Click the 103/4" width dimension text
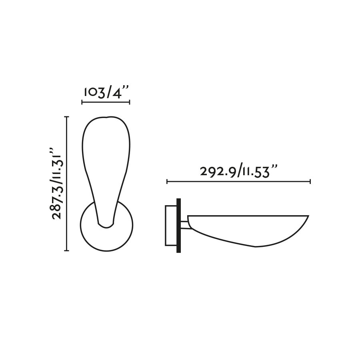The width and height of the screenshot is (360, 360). pyautogui.click(x=106, y=92)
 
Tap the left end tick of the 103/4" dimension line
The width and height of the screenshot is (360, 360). pyautogui.click(x=82, y=102)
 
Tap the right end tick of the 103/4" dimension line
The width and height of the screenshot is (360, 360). pyautogui.click(x=130, y=102)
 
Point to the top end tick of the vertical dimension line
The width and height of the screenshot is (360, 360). pyautogui.click(x=67, y=117)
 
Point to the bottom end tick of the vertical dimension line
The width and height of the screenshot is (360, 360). pyautogui.click(x=67, y=251)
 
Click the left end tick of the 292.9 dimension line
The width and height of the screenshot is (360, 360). pyautogui.click(x=167, y=182)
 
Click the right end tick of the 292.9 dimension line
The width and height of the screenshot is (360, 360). pyautogui.click(x=310, y=182)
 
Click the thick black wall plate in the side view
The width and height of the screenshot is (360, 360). pyautogui.click(x=178, y=226)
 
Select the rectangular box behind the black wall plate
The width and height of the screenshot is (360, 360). pyautogui.click(x=170, y=226)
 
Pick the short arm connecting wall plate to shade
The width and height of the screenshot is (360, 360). pyautogui.click(x=184, y=225)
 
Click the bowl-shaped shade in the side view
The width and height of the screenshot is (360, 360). pyautogui.click(x=248, y=228)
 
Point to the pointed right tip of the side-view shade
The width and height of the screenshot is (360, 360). pyautogui.click(x=308, y=216)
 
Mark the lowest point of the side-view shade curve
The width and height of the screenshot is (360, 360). pyautogui.click(x=256, y=246)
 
